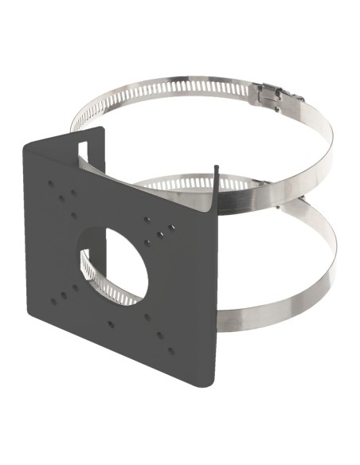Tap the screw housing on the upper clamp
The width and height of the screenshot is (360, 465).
click(268, 96)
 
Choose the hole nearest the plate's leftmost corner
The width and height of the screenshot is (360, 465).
click(52, 183)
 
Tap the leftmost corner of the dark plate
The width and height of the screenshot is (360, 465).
click(23, 147)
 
